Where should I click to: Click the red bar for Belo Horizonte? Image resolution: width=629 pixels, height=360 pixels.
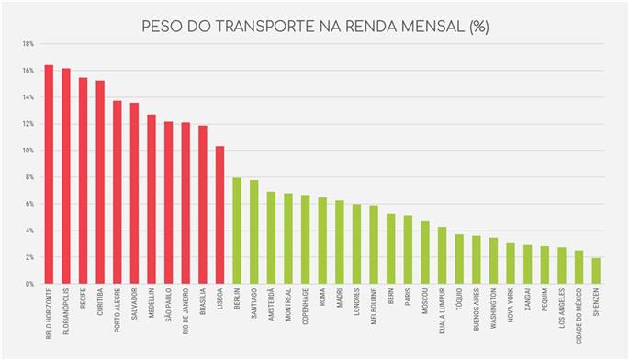49,174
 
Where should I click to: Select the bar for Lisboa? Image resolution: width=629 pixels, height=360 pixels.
219,215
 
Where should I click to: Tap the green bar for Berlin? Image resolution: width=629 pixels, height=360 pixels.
237,231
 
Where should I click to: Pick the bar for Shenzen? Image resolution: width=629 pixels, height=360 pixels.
595,271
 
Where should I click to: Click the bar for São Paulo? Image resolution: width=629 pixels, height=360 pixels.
168,203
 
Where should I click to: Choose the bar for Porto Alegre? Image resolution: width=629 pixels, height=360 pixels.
117,192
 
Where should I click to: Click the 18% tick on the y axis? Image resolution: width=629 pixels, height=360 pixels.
28,43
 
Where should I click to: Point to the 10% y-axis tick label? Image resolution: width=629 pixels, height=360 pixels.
28,151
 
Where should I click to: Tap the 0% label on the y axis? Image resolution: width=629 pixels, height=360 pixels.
29,284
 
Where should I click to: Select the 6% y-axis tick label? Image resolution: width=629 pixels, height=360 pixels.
29,204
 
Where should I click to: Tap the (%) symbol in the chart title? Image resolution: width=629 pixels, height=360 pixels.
477,27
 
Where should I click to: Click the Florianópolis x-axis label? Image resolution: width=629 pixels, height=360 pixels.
66,312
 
